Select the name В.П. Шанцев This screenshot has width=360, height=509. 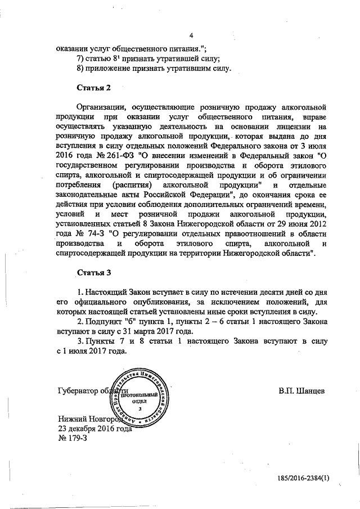coord(301,390)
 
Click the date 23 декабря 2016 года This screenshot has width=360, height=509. coord(94,427)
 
